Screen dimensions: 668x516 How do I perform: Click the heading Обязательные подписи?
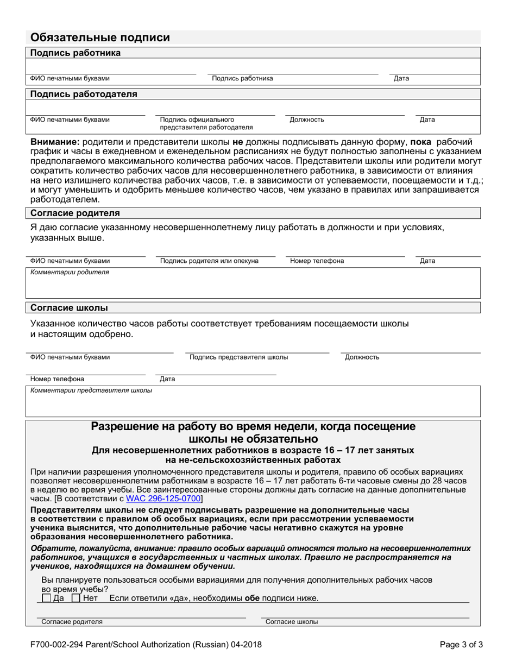pos(100,37)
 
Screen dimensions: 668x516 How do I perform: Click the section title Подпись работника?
pos(75,53)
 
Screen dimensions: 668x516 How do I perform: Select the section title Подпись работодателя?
pos(84,94)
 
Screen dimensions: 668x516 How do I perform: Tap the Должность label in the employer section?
pos(307,119)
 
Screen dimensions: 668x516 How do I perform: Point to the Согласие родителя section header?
pos(75,213)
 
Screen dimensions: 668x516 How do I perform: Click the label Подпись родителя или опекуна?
pos(209,261)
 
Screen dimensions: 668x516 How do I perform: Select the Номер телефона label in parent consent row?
pos(317,261)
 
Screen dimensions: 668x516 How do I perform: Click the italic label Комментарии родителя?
pos(70,273)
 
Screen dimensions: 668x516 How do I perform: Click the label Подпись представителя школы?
pos(238,357)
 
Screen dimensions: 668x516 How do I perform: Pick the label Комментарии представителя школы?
pos(91,390)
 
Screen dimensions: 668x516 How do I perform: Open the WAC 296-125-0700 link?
pos(163,498)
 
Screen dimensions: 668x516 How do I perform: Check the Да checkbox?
pos(47,598)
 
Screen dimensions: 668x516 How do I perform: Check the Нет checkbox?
pos(77,598)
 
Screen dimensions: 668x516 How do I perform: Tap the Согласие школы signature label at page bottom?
pos(292,622)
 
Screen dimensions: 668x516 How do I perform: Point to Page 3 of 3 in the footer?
pos(461,645)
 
